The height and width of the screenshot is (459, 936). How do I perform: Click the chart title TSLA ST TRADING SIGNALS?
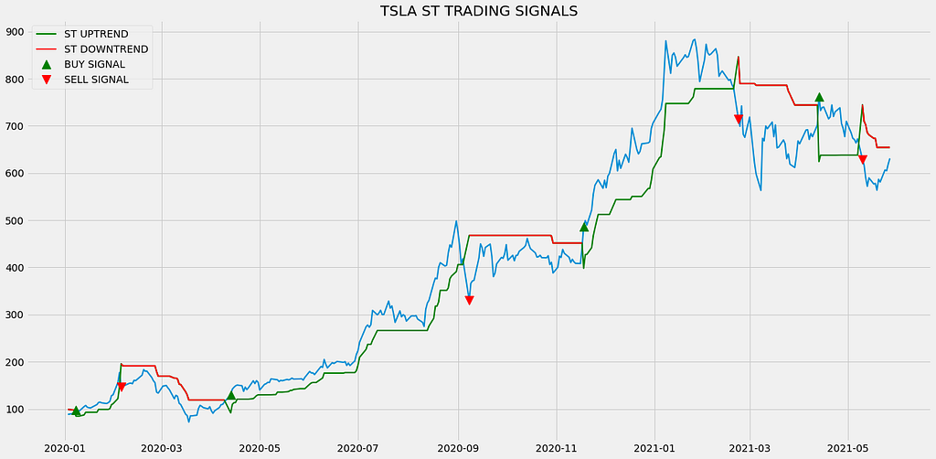479,11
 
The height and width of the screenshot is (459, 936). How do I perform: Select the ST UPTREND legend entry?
90,34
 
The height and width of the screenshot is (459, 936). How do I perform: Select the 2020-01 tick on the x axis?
66,447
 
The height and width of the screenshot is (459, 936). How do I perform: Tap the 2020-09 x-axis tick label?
459,447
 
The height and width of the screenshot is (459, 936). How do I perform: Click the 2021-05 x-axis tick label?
848,447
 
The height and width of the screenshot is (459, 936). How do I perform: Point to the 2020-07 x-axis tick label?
358,447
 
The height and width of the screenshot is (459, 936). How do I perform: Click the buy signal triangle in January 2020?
76,411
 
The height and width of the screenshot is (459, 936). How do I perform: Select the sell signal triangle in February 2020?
122,387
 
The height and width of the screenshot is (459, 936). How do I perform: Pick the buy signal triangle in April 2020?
231,394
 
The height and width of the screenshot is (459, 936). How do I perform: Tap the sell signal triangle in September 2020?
469,300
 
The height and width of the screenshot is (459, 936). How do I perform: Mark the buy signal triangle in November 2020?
584,226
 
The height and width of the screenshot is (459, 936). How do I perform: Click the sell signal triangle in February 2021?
739,120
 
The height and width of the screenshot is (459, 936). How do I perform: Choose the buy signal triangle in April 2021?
819,97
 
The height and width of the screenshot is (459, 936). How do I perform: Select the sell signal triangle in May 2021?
863,159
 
